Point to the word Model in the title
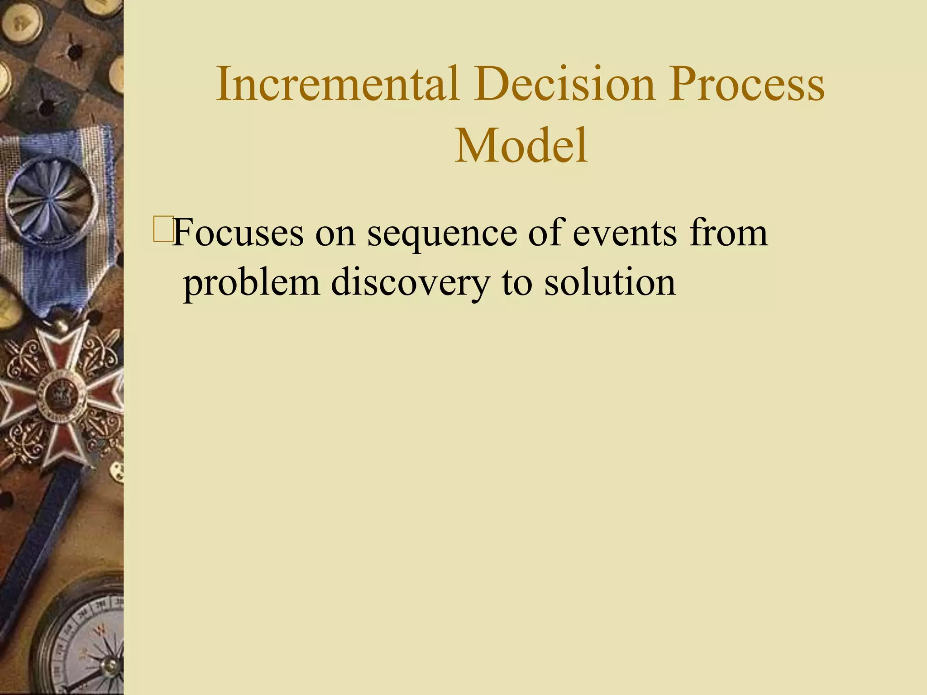[521, 146]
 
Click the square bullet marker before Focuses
[162, 229]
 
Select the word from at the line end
[728, 233]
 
